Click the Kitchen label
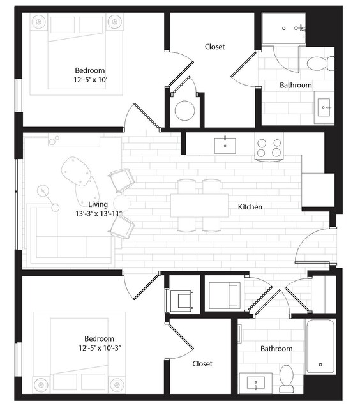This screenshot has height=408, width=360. click(250, 207)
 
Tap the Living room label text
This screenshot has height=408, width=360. click(98, 204)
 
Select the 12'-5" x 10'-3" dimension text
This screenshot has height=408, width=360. click(100, 348)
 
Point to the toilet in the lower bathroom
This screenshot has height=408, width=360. click(286, 379)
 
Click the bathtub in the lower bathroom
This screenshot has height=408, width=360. click(320, 346)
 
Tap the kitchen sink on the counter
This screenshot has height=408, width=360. click(225, 146)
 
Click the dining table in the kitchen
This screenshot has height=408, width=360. click(200, 206)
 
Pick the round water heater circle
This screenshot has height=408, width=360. click(184, 110)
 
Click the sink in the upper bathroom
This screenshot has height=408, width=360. click(324, 107)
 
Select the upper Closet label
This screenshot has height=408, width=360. click(214, 47)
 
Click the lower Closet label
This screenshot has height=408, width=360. click(202, 363)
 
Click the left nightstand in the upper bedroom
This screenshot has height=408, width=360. click(39, 21)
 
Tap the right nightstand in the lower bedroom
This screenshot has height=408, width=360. click(117, 385)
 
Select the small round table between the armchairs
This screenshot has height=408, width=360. click(122, 203)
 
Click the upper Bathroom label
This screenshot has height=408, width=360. click(296, 85)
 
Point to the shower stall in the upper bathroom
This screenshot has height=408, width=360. click(284, 29)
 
